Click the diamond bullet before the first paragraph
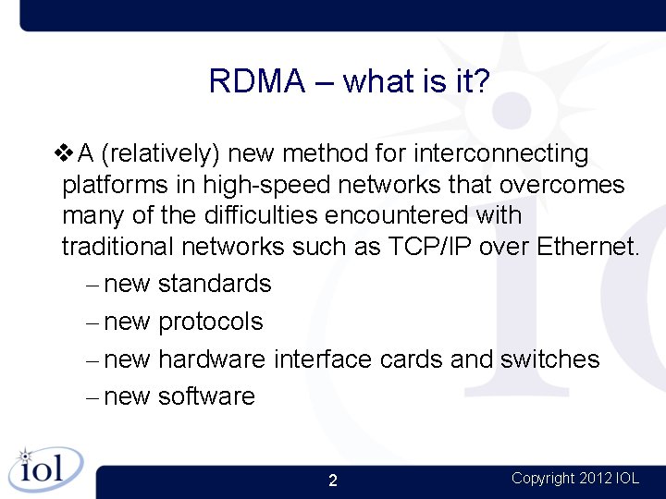tap(67, 152)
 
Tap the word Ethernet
tap(586, 248)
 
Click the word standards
tap(215, 284)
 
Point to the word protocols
tap(211, 322)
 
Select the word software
tap(206, 396)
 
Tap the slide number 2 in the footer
tap(333, 481)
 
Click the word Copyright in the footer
tap(543, 479)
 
